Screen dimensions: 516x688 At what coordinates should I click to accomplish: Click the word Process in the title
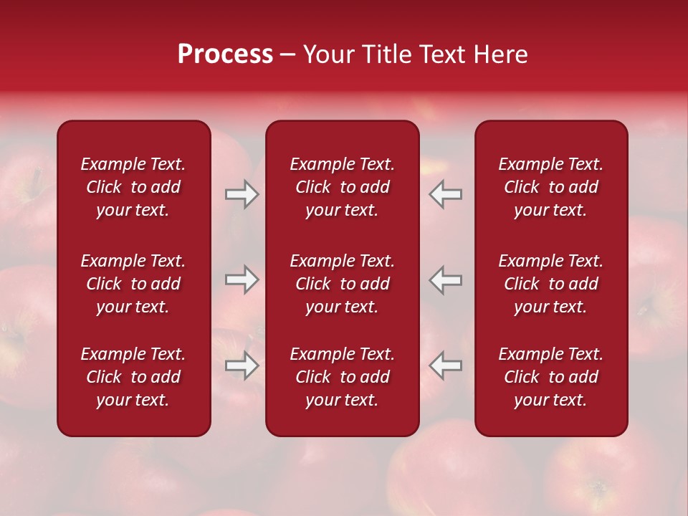[x=225, y=54]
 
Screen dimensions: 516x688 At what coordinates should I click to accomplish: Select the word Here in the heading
[x=500, y=54]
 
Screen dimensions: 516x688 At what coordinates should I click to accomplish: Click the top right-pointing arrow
[x=242, y=194]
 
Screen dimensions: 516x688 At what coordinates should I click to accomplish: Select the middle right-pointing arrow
[x=242, y=279]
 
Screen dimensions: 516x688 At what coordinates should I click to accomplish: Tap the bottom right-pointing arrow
[x=242, y=365]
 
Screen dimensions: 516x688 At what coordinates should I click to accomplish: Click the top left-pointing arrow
[x=446, y=194]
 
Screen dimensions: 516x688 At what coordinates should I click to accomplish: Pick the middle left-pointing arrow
[x=446, y=279]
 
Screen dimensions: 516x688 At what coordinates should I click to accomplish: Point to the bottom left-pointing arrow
[x=446, y=365]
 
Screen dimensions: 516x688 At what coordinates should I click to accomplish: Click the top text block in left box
[x=133, y=187]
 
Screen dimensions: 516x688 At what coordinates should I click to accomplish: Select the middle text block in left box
[x=133, y=284]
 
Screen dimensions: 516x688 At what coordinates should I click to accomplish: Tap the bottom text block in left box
[x=133, y=377]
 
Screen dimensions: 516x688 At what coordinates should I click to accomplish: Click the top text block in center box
[x=342, y=187]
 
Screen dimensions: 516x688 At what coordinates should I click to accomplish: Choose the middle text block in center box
[x=342, y=284]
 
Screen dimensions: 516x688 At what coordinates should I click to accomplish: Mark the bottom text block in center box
[x=342, y=377]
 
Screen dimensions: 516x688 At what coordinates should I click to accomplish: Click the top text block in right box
[x=550, y=187]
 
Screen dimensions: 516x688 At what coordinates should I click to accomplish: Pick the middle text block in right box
[x=550, y=284]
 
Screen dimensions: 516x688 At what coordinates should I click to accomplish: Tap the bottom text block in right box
[x=550, y=377]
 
